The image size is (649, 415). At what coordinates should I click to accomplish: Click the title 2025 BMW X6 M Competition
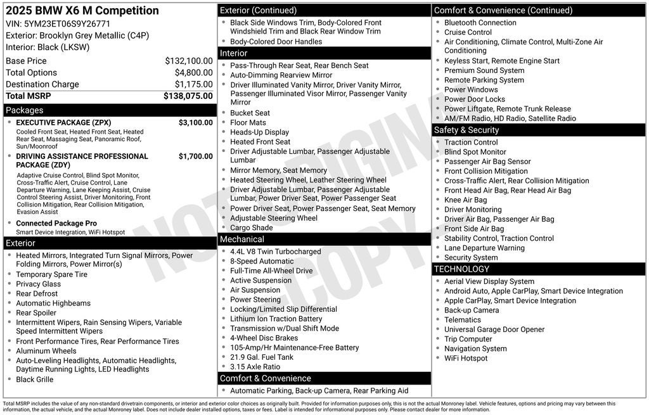click(82, 11)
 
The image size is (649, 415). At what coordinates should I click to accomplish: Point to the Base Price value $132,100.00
click(188, 61)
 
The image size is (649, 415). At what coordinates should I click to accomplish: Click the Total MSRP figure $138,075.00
click(188, 96)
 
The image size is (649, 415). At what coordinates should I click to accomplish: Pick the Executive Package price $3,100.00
click(195, 123)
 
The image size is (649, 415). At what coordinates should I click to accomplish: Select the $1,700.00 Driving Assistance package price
click(195, 156)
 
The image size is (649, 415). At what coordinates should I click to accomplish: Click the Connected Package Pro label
click(56, 224)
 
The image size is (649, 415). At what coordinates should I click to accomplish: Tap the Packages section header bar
click(109, 110)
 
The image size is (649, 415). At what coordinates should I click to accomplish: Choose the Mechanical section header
click(324, 239)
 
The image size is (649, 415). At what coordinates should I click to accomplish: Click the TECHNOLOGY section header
click(539, 269)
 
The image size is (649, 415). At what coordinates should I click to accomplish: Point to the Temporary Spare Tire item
click(52, 275)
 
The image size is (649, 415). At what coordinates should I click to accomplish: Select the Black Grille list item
click(35, 380)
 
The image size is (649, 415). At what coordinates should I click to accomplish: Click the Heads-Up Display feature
click(259, 132)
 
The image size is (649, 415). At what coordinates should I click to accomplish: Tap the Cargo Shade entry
click(252, 228)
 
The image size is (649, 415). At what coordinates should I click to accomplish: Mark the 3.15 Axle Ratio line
click(255, 367)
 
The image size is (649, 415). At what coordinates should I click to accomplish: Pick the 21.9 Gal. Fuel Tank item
click(262, 357)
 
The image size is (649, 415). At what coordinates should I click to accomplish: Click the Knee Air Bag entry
click(466, 200)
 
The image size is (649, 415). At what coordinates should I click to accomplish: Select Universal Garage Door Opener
click(494, 329)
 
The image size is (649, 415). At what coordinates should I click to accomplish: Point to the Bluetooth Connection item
click(480, 23)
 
